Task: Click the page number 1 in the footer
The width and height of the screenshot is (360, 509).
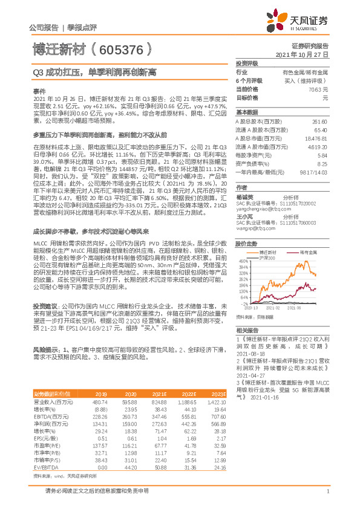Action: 327,499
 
